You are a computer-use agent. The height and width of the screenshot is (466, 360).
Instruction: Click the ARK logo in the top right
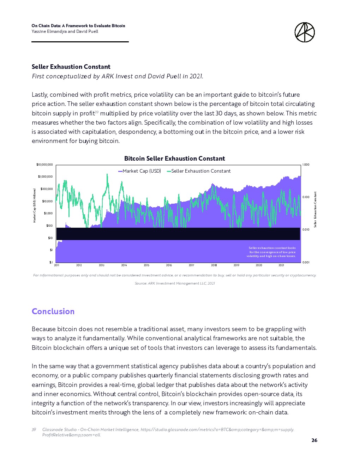click(x=304, y=32)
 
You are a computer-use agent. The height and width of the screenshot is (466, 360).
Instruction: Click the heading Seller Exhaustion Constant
click(x=71, y=67)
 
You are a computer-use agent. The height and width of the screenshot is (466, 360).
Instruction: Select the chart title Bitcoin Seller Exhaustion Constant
click(x=174, y=159)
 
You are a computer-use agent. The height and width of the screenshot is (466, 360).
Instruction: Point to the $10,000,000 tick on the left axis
click(x=45, y=165)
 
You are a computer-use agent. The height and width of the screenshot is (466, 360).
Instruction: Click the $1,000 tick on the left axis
click(x=48, y=213)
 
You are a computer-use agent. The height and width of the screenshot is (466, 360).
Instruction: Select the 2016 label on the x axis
click(x=169, y=265)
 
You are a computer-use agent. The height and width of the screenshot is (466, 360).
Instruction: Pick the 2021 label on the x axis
click(x=281, y=265)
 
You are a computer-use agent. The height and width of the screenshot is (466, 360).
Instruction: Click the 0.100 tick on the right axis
click(x=306, y=197)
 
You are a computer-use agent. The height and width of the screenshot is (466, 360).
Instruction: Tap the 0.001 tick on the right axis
click(x=306, y=262)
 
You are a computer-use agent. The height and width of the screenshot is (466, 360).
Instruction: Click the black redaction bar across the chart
click(x=178, y=234)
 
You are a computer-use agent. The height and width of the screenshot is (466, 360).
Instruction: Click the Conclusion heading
click(x=53, y=311)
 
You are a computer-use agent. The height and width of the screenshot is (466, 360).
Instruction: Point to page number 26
click(x=314, y=440)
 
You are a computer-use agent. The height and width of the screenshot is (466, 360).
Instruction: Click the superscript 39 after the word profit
click(x=97, y=112)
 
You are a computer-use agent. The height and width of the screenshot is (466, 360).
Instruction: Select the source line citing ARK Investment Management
click(x=175, y=283)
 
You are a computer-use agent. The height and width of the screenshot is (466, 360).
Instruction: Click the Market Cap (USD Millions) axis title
click(x=35, y=205)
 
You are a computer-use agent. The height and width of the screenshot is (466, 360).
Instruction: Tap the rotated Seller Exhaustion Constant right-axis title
click(x=315, y=209)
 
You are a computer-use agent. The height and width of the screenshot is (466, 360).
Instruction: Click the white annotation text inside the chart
click(x=271, y=252)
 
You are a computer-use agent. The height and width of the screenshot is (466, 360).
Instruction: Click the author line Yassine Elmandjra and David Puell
click(x=65, y=31)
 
